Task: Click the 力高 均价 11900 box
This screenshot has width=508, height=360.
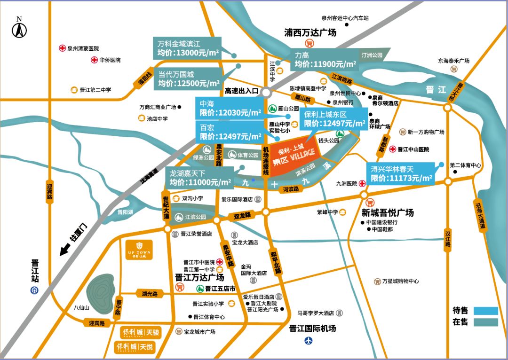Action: pos(324,60)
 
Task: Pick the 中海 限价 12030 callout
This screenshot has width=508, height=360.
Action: pos(228,108)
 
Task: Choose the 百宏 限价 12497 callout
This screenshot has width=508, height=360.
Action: pos(228,132)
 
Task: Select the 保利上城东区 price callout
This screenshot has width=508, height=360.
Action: pos(333,119)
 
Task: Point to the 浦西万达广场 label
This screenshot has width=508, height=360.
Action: pos(310,33)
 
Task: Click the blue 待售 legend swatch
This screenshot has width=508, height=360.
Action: pos(485,310)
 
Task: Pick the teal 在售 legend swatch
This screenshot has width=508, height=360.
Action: pos(485,322)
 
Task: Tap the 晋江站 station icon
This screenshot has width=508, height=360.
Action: pos(35,290)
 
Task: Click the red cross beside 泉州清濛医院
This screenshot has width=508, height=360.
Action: pos(62,48)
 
